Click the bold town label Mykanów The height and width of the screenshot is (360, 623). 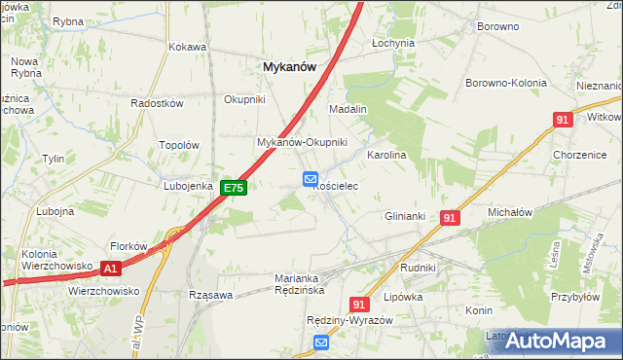289,67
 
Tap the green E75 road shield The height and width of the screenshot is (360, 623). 233,188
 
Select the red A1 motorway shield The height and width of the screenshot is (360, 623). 111,268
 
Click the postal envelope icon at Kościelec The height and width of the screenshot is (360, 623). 310,178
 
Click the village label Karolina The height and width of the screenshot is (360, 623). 385,155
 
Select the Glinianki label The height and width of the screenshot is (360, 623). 407,216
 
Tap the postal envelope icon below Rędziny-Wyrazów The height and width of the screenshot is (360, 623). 321,342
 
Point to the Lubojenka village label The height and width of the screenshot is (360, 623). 188,185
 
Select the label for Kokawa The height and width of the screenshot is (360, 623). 188,47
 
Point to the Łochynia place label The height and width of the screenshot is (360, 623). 393,44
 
